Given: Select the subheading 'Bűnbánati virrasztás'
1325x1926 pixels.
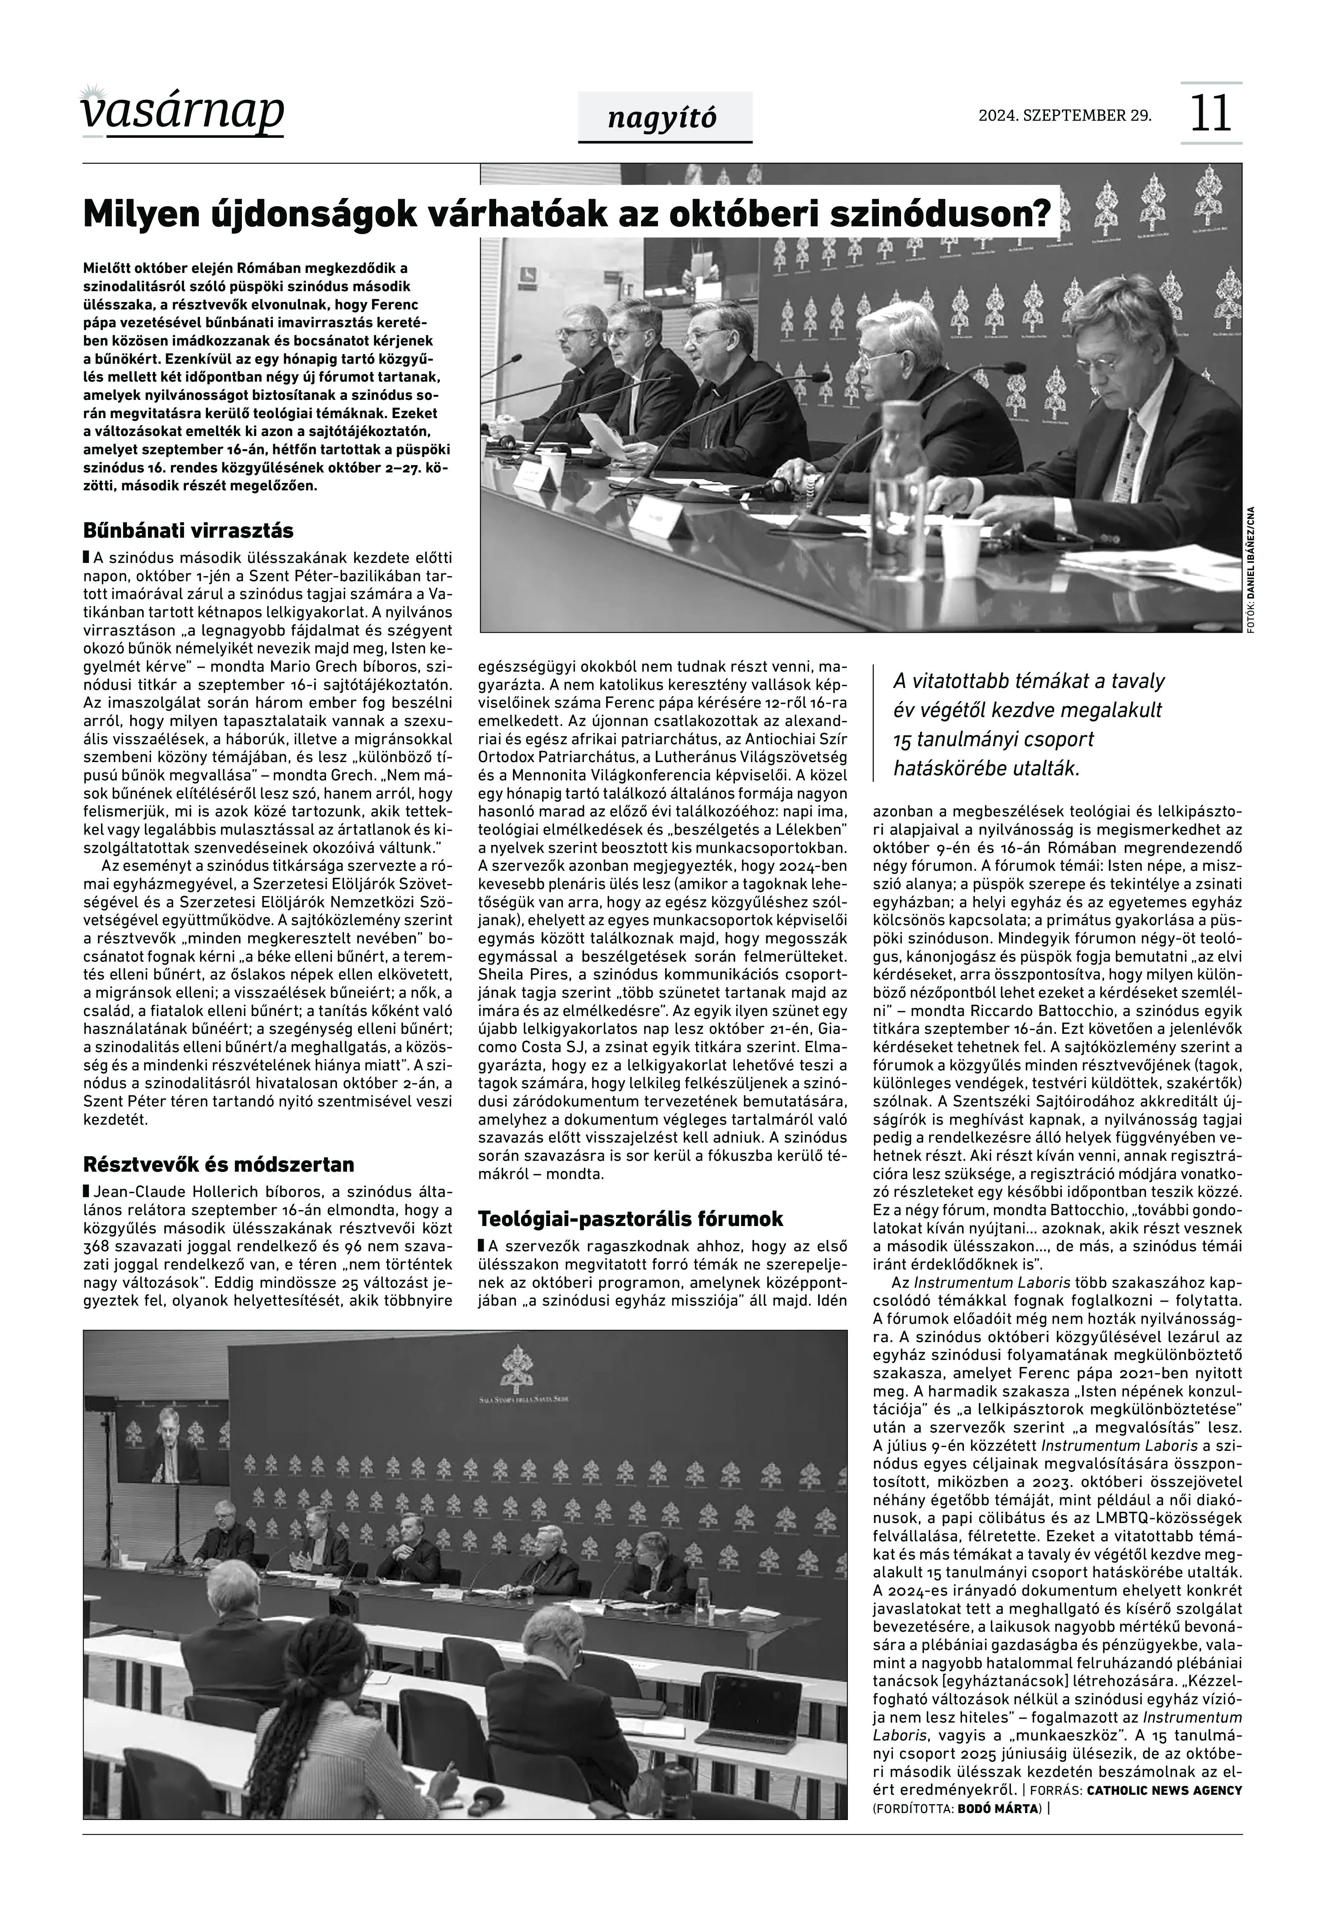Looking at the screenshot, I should tap(188, 530).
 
